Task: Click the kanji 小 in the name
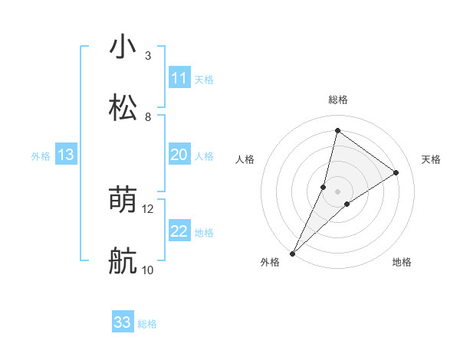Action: coord(123,47)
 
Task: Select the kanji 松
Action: coord(123,108)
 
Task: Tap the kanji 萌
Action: coord(123,201)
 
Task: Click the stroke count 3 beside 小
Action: coord(147,56)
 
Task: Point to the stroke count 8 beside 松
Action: coord(147,116)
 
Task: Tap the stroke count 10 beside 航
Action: coord(148,270)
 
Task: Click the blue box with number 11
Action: coord(179,78)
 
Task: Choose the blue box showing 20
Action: coord(179,155)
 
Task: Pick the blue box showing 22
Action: coord(179,231)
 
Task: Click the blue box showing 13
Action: coord(65,155)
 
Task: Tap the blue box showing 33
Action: coord(122,322)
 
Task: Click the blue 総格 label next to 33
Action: coord(147,324)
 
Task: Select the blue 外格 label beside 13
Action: coord(41,156)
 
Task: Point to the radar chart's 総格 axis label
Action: coord(337,100)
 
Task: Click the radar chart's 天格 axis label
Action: coord(431,159)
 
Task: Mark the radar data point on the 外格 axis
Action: coord(292,253)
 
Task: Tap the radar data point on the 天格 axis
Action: coord(396,172)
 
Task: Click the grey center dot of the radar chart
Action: coord(337,191)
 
